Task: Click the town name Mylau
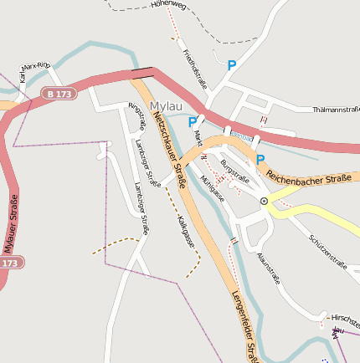[x=167, y=105]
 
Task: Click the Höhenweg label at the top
[x=168, y=4]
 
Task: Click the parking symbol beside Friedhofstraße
[x=232, y=64]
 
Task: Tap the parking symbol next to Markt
[x=193, y=122]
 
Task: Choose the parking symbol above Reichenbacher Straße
[x=260, y=160]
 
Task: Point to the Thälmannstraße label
[x=335, y=110]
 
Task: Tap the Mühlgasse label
[x=213, y=189]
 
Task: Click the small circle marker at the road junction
[x=264, y=201]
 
